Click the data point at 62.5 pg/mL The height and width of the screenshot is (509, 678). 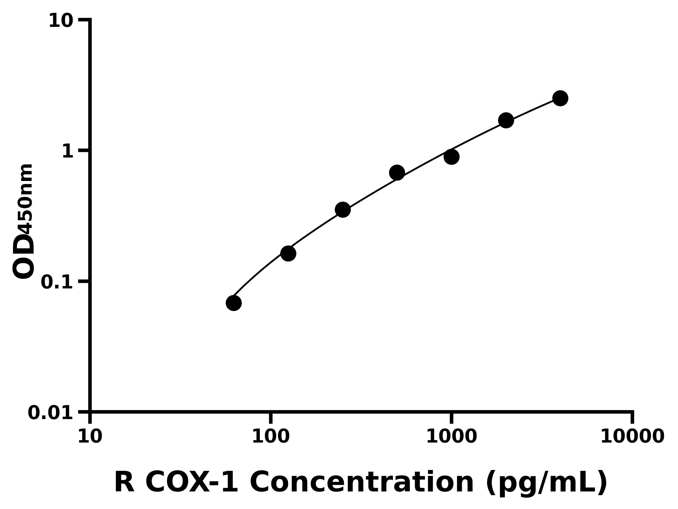pos(234,303)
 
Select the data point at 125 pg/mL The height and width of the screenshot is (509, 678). pos(288,253)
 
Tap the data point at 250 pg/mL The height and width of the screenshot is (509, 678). pos(343,210)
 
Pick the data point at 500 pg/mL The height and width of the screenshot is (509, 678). pos(397,173)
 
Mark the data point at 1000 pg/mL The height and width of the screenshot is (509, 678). pos(451,157)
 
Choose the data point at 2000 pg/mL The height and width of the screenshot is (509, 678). pos(506,120)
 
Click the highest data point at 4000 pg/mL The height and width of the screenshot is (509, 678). pos(560,98)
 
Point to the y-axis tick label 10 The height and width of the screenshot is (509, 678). pos(61,21)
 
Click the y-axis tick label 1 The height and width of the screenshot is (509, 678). pos(68,152)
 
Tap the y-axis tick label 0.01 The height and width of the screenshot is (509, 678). pos(51,413)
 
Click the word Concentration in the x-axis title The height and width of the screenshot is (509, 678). pos(362,483)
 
